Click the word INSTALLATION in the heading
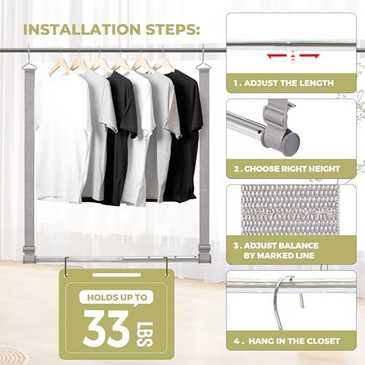click(82, 29)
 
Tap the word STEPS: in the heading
click(173, 29)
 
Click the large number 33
click(107, 329)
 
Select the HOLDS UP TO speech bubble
click(117, 298)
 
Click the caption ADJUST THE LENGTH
click(288, 83)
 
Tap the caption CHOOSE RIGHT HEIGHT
click(292, 169)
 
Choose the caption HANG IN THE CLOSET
click(294, 341)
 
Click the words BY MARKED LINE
click(279, 255)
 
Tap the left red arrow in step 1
click(277, 56)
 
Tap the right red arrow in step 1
click(310, 56)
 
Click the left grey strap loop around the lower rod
click(29, 254)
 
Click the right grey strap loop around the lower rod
click(204, 254)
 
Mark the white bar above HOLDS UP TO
click(117, 275)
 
